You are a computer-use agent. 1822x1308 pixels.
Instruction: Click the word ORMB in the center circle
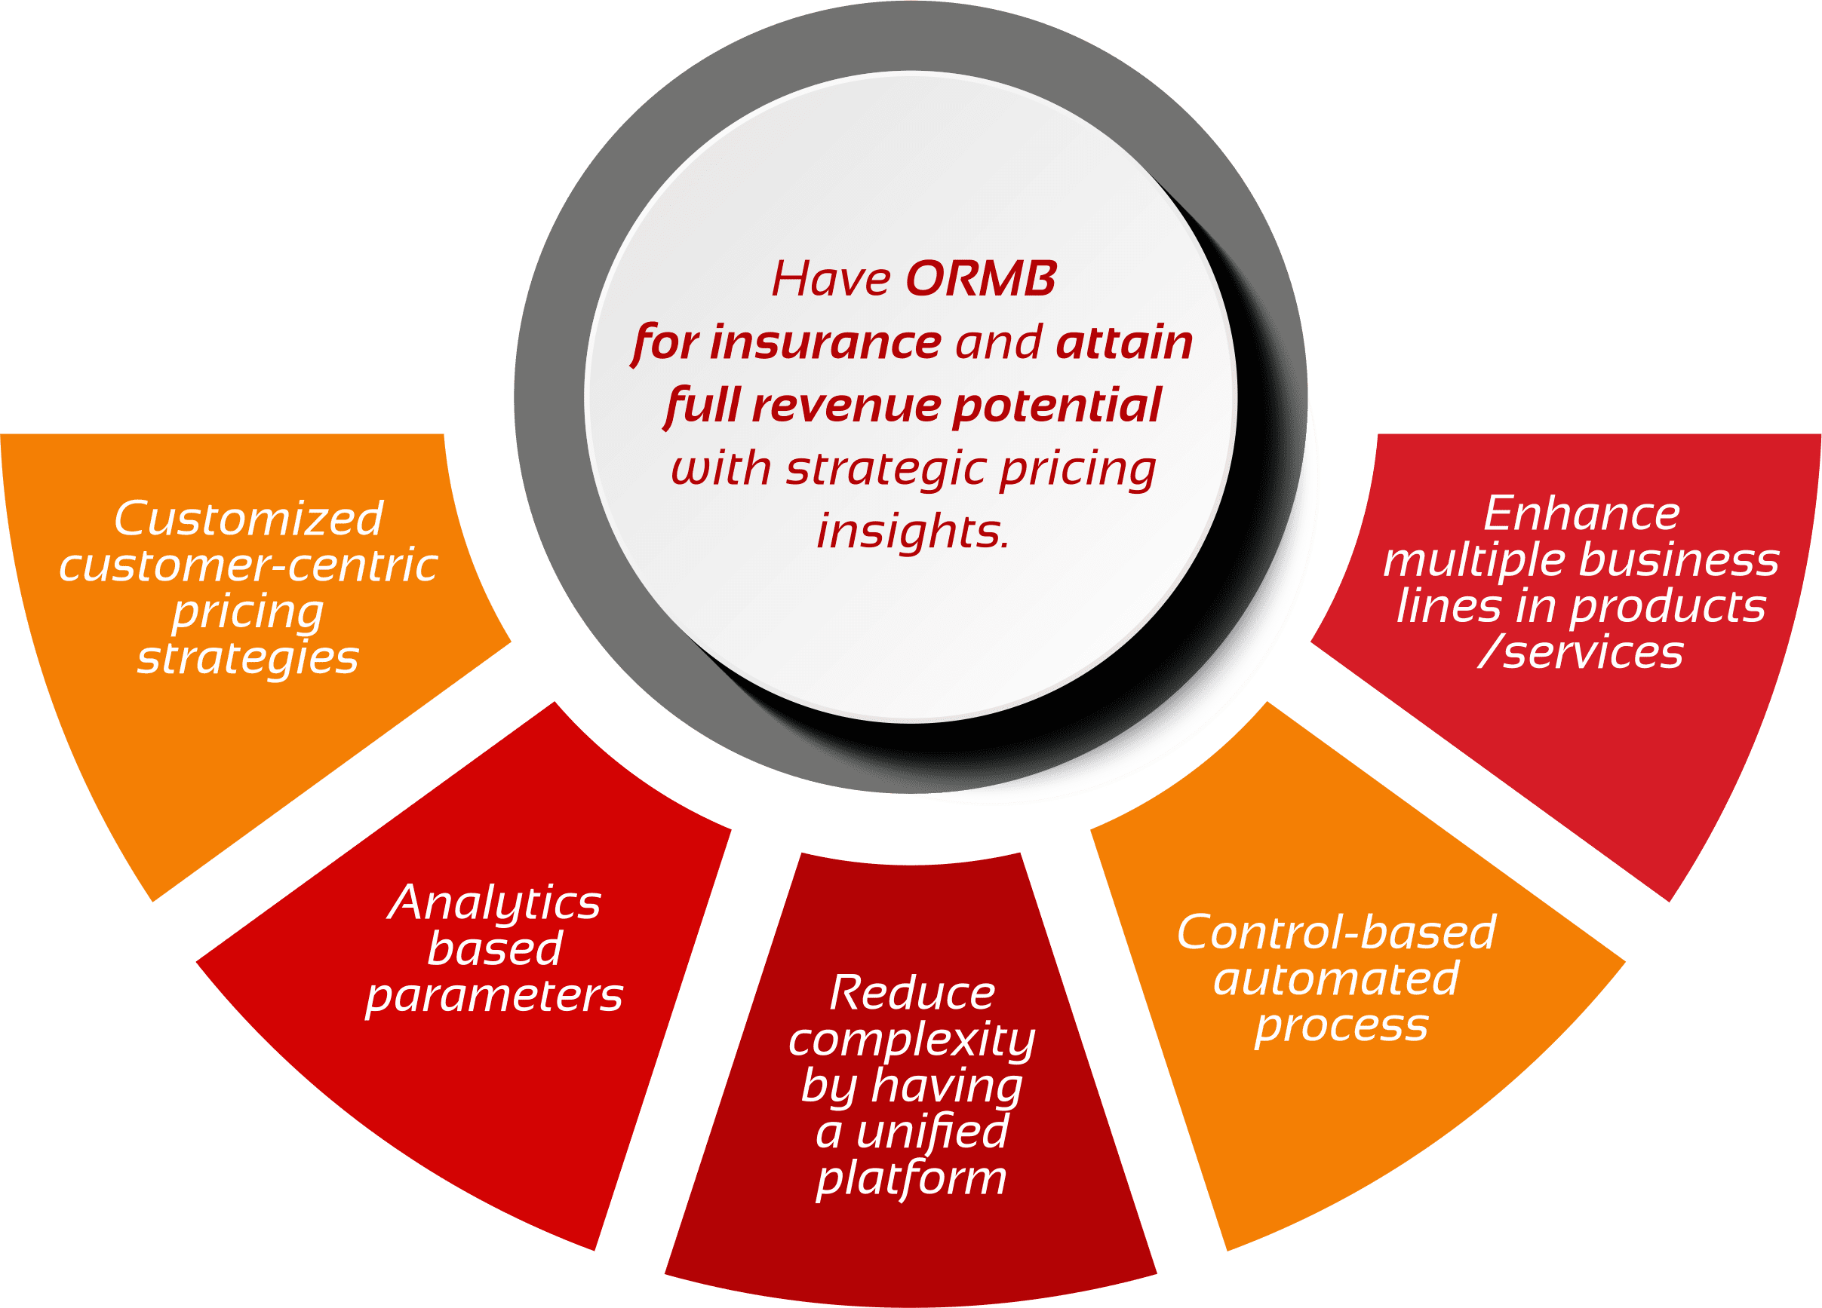(x=981, y=280)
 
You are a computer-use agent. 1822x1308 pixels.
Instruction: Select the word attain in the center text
(x=1125, y=343)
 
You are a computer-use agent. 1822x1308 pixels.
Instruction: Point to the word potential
(x=1057, y=406)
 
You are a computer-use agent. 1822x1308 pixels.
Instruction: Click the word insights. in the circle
(x=914, y=531)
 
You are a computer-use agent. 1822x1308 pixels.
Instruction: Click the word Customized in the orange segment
(x=248, y=519)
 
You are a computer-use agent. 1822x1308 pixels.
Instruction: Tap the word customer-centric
(x=248, y=565)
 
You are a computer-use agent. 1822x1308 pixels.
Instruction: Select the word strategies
(x=248, y=658)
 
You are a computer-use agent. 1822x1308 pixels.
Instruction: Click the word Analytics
(x=494, y=902)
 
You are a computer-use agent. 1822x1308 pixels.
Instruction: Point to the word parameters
(x=494, y=996)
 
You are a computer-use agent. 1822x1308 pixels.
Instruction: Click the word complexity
(x=912, y=1040)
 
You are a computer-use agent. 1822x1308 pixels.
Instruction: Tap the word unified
(x=932, y=1132)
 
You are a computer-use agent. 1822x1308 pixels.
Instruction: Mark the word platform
(x=912, y=1179)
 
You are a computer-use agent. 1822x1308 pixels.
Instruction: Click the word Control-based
(x=1337, y=933)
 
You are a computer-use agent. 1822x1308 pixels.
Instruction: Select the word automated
(x=1337, y=979)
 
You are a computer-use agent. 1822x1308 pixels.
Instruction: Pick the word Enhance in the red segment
(x=1581, y=514)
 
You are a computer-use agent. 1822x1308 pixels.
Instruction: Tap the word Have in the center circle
(x=831, y=280)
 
